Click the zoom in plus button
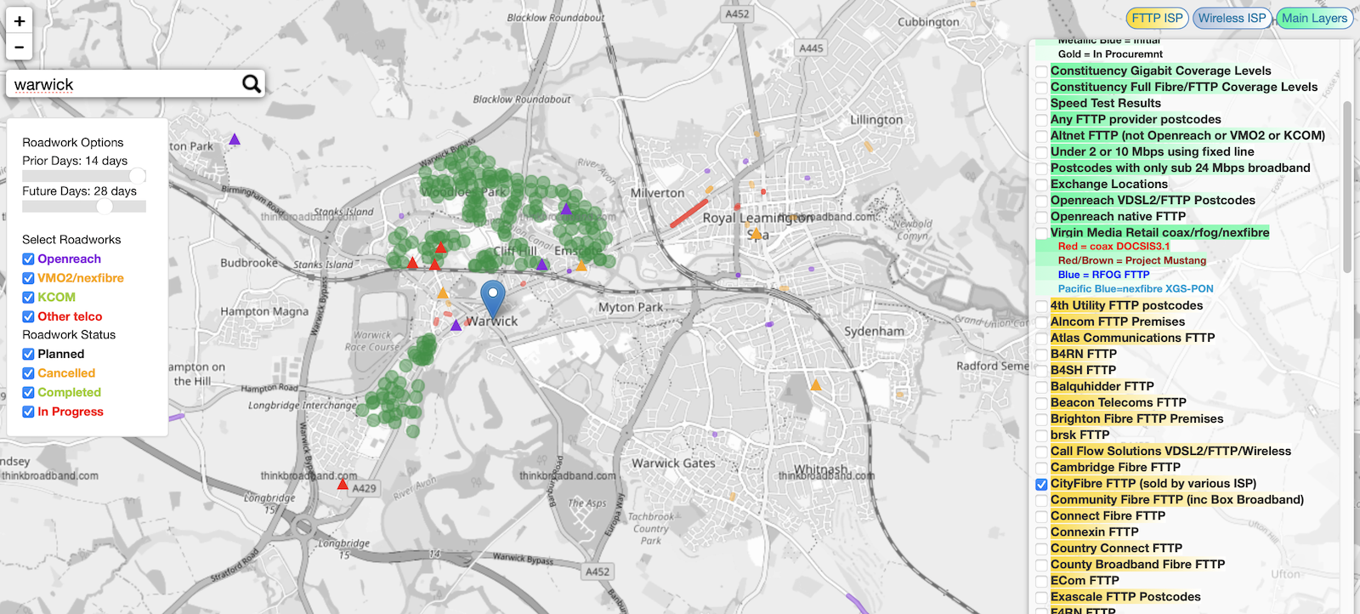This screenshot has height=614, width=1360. pyautogui.click(x=20, y=21)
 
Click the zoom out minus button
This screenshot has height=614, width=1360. pyautogui.click(x=20, y=48)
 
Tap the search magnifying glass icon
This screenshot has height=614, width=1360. pyautogui.click(x=251, y=83)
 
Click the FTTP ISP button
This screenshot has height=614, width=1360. pyautogui.click(x=1157, y=18)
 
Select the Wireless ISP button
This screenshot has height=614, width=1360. pyautogui.click(x=1232, y=18)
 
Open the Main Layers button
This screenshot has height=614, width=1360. pyautogui.click(x=1314, y=18)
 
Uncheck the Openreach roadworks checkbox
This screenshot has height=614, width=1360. pyautogui.click(x=28, y=259)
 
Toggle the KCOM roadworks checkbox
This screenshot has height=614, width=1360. pyautogui.click(x=28, y=298)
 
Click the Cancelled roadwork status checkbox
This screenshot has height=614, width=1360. pyautogui.click(x=28, y=373)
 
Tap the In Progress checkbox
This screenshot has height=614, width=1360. pyautogui.click(x=28, y=412)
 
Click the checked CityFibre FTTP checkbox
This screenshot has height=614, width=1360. pyautogui.click(x=1041, y=484)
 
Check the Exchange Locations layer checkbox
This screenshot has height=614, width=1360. pyautogui.click(x=1041, y=185)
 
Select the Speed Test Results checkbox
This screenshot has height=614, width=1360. pyautogui.click(x=1041, y=104)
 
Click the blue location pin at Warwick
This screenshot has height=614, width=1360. pyautogui.click(x=493, y=298)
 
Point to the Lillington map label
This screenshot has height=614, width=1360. pyautogui.click(x=876, y=120)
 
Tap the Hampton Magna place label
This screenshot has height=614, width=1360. pyautogui.click(x=264, y=312)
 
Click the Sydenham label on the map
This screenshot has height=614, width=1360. pyautogui.click(x=874, y=331)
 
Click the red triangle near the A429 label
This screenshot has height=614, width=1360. pyautogui.click(x=343, y=485)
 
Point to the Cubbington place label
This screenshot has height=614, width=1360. pyautogui.click(x=928, y=22)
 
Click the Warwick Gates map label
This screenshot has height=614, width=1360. pyautogui.click(x=673, y=463)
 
